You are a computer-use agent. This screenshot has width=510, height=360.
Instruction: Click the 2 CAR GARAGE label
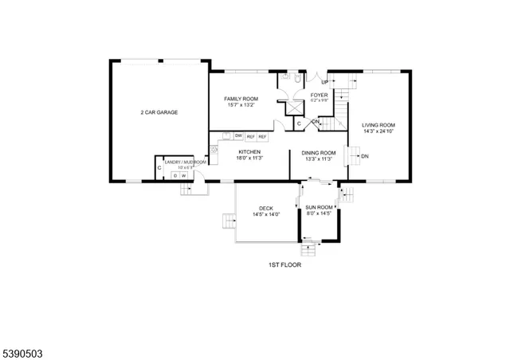[x=159, y=112]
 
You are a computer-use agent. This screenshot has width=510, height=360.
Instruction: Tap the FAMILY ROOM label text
[x=240, y=99]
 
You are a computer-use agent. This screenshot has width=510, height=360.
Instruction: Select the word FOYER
[x=319, y=95]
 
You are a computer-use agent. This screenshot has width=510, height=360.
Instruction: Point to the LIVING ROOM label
[x=379, y=125]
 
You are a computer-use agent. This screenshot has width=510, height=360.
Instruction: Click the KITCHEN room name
[x=249, y=151]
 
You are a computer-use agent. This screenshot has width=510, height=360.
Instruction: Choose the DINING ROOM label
[x=319, y=152]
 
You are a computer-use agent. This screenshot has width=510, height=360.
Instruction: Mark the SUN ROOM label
[x=319, y=207]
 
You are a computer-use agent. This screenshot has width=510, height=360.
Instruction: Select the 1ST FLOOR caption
[x=284, y=264]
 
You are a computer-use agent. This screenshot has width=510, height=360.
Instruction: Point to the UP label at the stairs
[x=324, y=82]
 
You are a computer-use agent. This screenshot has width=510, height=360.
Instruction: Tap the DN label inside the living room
[x=365, y=156]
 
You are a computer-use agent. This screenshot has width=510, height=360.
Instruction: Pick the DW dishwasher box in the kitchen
[x=238, y=137]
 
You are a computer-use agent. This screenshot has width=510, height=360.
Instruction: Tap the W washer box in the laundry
[x=184, y=175]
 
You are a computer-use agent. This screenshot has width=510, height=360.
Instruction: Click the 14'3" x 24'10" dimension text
[x=379, y=132]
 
